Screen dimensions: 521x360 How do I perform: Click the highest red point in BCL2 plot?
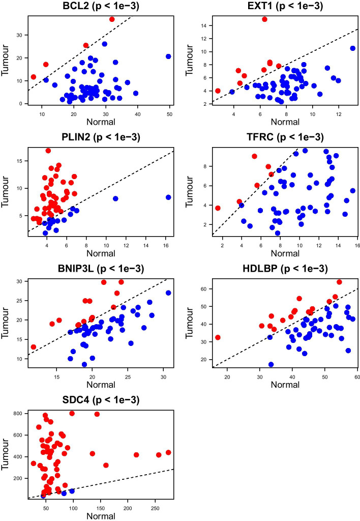pyautogui.click(x=112, y=19)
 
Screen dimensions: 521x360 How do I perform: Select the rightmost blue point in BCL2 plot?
pyautogui.click(x=168, y=56)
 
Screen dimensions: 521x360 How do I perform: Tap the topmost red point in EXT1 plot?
pyautogui.click(x=264, y=19)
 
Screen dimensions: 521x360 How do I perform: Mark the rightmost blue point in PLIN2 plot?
pyautogui.click(x=168, y=197)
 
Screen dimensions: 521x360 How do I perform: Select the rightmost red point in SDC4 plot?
pyautogui.click(x=168, y=452)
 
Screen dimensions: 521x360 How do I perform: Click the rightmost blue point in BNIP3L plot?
pyautogui.click(x=168, y=293)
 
